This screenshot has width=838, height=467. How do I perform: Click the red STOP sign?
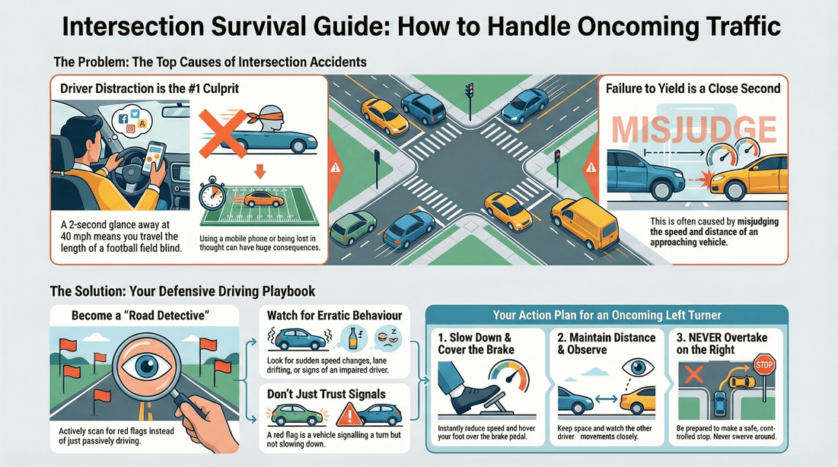pos(765,365)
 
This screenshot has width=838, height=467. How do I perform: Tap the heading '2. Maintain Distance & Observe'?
pos(606,343)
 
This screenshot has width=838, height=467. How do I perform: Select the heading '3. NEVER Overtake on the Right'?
pos(722,343)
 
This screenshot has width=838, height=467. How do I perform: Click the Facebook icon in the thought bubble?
pos(123,119)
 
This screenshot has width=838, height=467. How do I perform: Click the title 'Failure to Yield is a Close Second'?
pos(693,89)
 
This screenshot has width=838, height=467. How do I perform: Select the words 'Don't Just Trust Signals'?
pos(326,394)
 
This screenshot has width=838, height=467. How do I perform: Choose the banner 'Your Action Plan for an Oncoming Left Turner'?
pos(606,315)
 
